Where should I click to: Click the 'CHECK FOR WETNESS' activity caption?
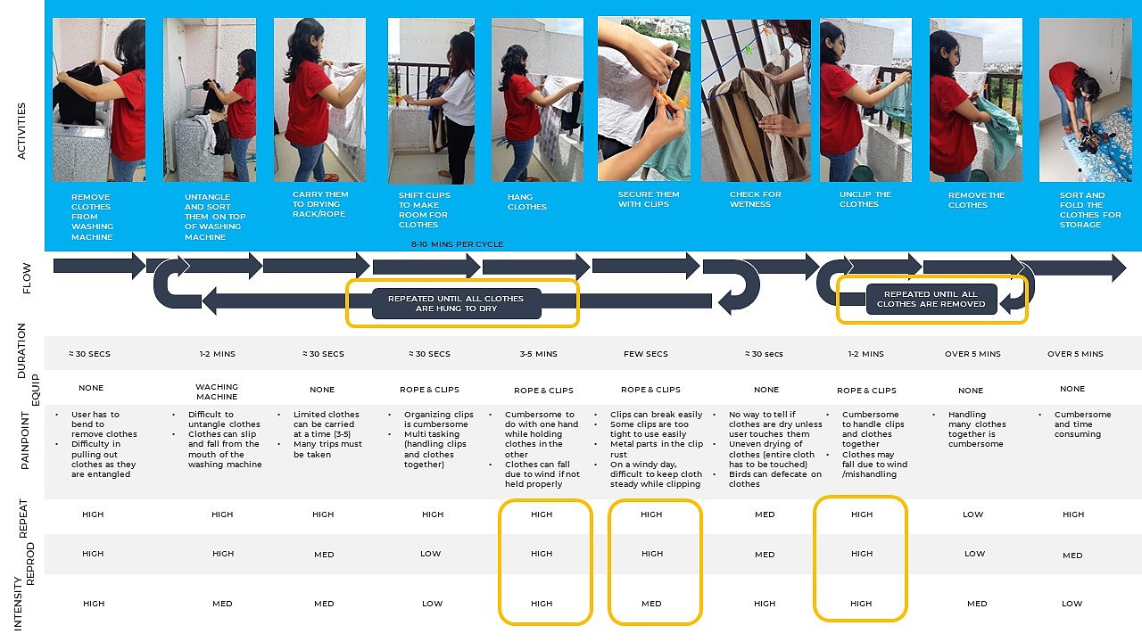[755, 199]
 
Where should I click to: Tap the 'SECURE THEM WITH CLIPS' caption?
[649, 199]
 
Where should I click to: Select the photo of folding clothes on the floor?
[1085, 100]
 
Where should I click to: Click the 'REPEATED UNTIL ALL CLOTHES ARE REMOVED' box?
[931, 299]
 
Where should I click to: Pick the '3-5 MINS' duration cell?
[538, 354]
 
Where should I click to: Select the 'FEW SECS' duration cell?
[646, 354]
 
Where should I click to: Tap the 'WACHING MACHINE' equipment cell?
[217, 392]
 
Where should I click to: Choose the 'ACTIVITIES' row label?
[21, 131]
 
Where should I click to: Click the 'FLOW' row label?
[26, 276]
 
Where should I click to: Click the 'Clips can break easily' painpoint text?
[656, 415]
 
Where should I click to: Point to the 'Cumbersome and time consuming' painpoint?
[1082, 424]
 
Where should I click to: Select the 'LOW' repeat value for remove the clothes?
[973, 514]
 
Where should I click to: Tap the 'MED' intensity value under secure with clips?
[651, 604]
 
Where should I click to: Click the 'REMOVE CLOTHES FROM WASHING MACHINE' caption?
[92, 217]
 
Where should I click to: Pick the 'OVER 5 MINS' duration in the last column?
[1075, 354]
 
